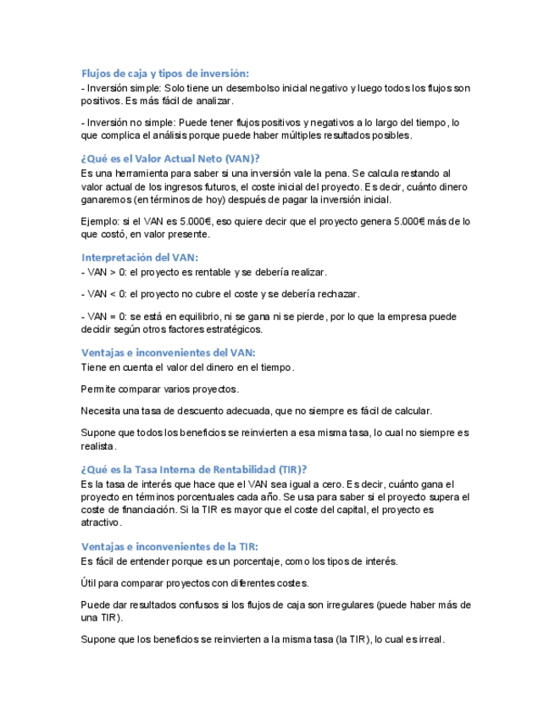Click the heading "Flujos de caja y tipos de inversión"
tap(164, 74)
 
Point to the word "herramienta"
tap(137, 173)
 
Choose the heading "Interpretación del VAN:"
tap(140, 257)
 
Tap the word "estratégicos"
tap(234, 329)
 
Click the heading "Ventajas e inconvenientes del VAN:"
tap(168, 352)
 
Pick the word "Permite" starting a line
tap(98, 389)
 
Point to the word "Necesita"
tap(102, 411)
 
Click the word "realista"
tap(97, 446)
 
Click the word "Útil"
tap(90, 583)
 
